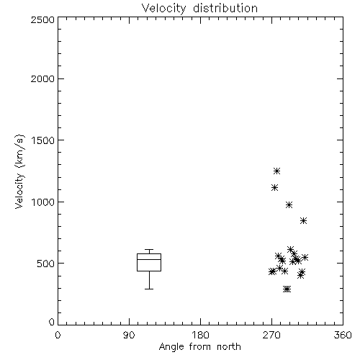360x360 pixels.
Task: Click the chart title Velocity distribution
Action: click(199, 8)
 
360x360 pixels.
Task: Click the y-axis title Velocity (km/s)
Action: click(19, 171)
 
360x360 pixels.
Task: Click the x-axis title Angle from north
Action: click(199, 347)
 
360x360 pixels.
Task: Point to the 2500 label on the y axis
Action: click(42, 19)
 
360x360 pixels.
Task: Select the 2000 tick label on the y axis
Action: click(42, 78)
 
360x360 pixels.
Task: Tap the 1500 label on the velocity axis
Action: click(43, 140)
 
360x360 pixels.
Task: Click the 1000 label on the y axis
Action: click(43, 202)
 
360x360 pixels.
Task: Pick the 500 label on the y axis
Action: click(46, 264)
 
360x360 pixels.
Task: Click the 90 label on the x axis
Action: click(129, 335)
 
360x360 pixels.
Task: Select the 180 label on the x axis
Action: click(200, 335)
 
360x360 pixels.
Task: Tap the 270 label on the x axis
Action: click(271, 335)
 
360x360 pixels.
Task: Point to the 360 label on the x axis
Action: click(343, 335)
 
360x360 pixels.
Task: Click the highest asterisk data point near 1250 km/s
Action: click(277, 171)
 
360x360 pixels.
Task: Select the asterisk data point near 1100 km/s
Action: click(274, 187)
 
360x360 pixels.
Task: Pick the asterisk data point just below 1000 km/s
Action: click(289, 204)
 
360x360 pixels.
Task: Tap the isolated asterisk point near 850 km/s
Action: click(303, 220)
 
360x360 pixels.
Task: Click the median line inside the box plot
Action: click(149, 259)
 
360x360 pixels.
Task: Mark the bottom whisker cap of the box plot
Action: click(149, 289)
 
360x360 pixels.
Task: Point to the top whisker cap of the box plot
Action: click(149, 250)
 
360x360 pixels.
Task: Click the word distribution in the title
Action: click(225, 8)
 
